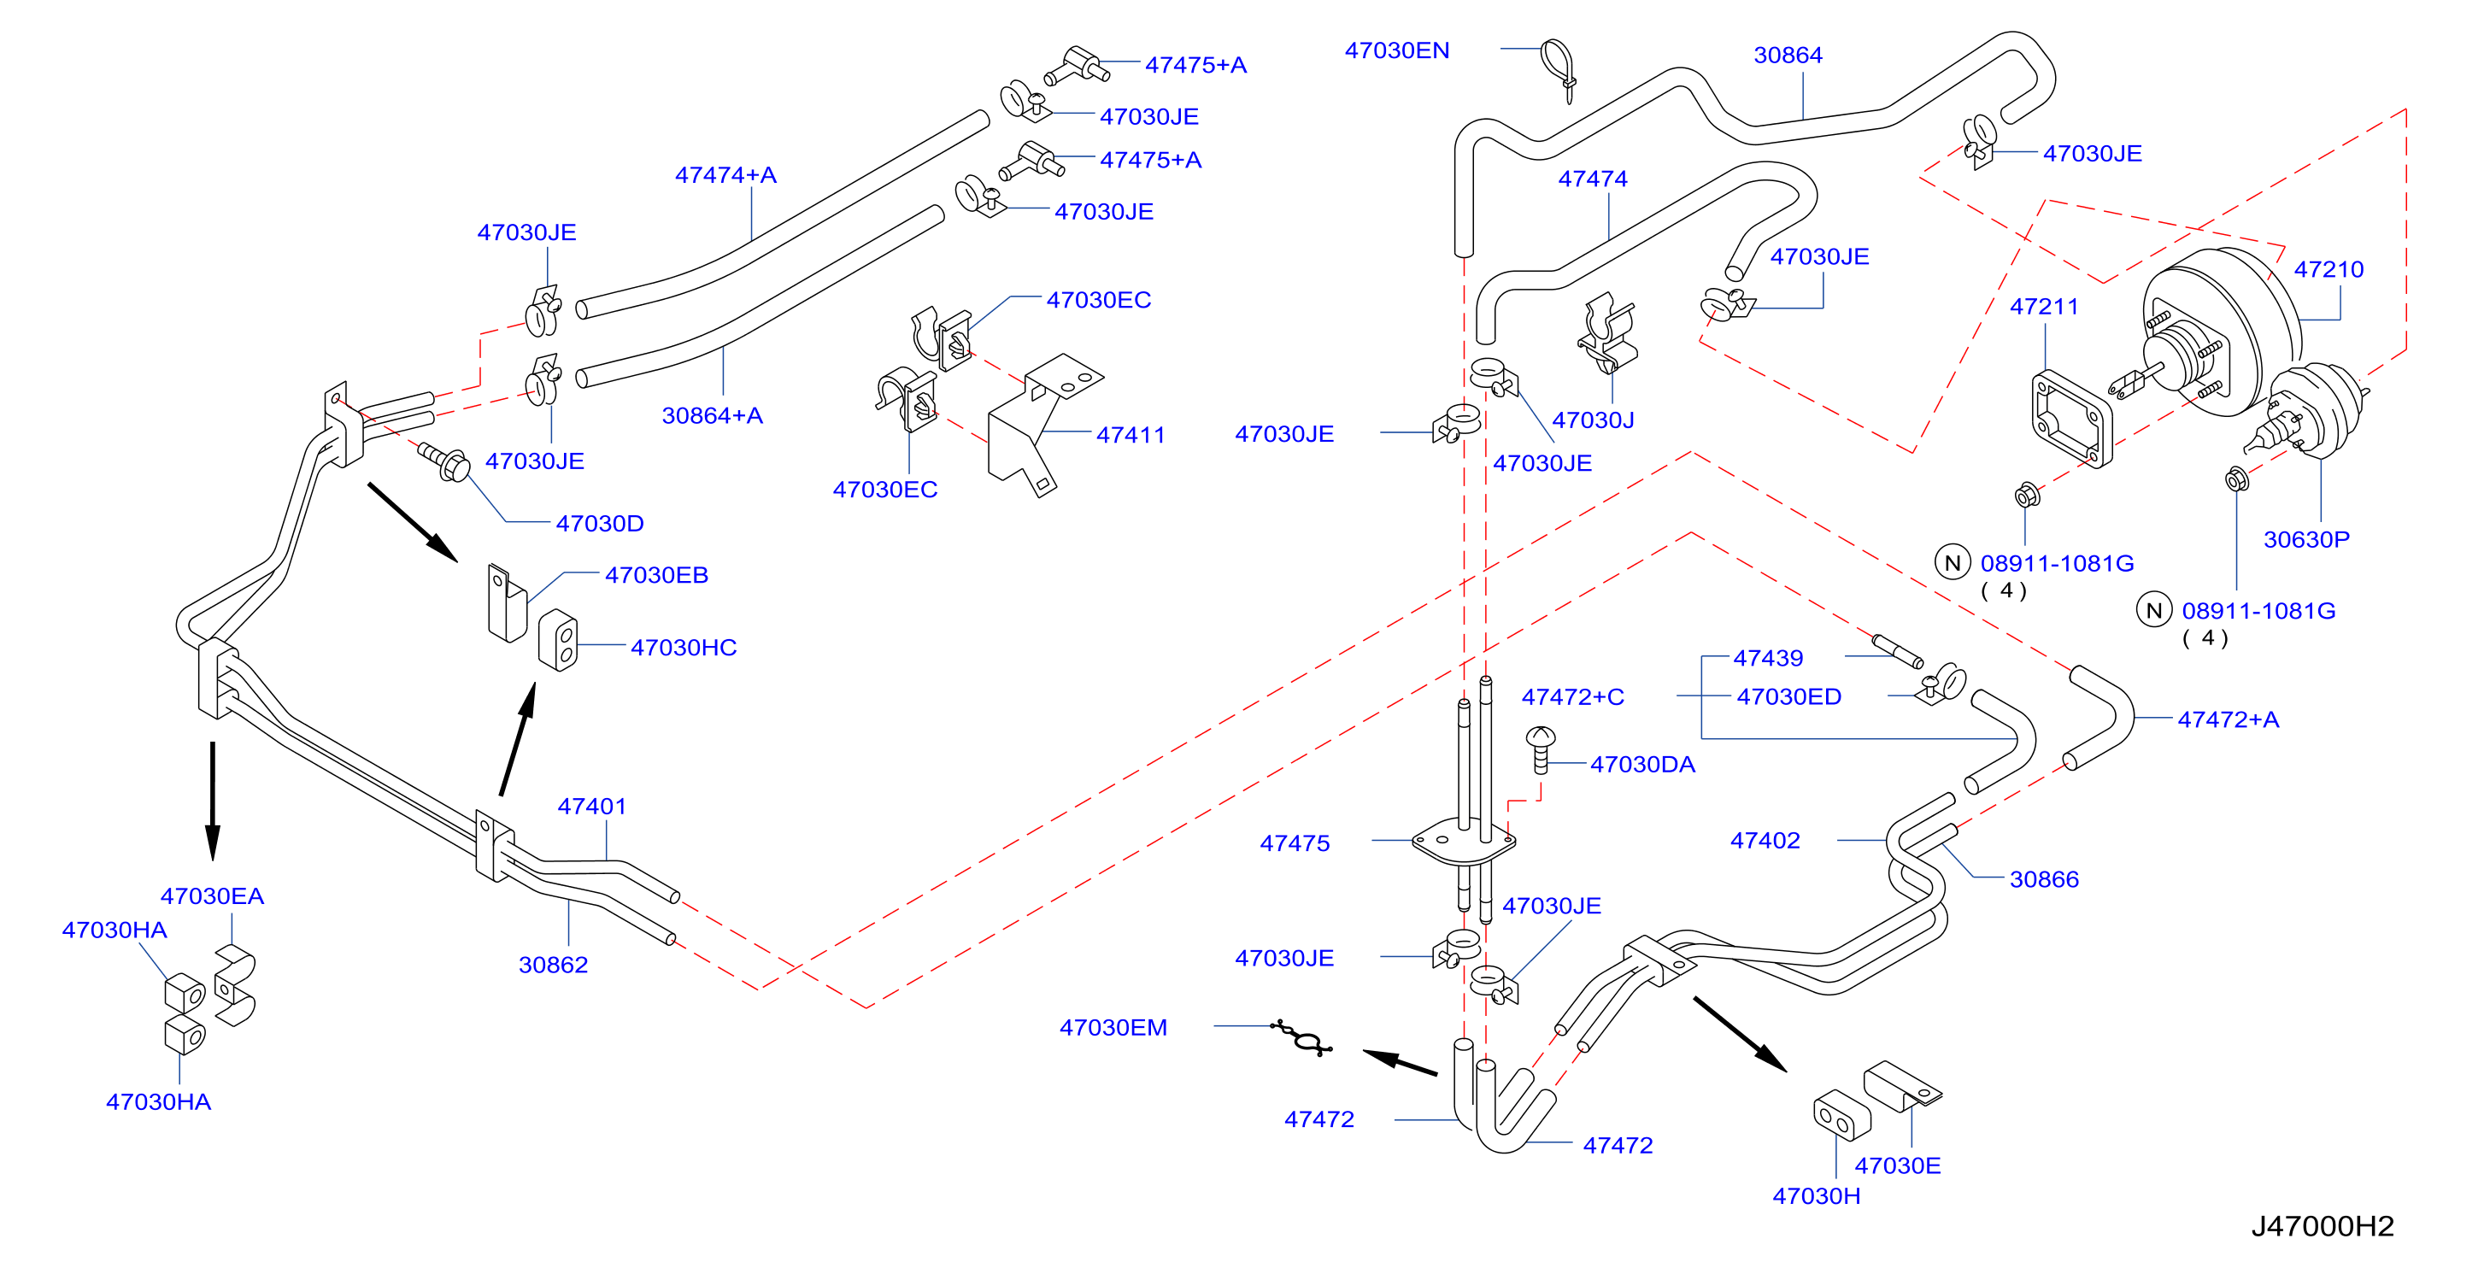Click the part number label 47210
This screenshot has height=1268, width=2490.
click(x=2328, y=270)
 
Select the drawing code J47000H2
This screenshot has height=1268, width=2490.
click(x=2322, y=1225)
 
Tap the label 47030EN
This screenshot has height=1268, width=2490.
click(x=1397, y=50)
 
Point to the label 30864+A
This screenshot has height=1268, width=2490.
click(x=713, y=415)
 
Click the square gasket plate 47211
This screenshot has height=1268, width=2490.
click(x=2071, y=419)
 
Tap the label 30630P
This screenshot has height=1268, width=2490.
click(x=2306, y=539)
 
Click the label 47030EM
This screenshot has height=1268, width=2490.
click(x=1113, y=1027)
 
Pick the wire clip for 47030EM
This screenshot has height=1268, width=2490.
click(x=1303, y=1038)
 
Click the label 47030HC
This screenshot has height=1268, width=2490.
click(x=684, y=648)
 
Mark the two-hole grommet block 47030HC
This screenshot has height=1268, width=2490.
click(x=558, y=640)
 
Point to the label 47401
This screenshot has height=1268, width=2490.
click(x=591, y=806)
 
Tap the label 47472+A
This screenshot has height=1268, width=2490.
click(x=2228, y=719)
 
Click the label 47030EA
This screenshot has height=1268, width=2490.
click(x=212, y=896)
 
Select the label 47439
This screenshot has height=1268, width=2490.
click(x=1768, y=658)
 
